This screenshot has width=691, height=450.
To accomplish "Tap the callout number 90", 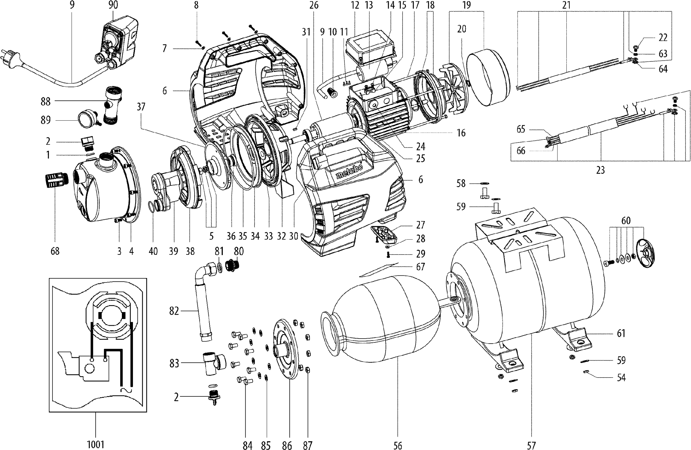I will (x=113, y=5).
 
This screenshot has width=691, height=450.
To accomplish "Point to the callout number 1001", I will (x=96, y=445).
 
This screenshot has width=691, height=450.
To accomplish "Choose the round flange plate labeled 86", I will (x=285, y=349).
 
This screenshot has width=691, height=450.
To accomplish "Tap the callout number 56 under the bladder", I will (x=398, y=445).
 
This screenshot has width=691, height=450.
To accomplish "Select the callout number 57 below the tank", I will (x=531, y=445).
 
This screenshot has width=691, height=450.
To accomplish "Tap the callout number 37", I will (x=141, y=107).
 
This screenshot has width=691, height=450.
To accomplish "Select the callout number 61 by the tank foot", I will (x=621, y=333).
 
